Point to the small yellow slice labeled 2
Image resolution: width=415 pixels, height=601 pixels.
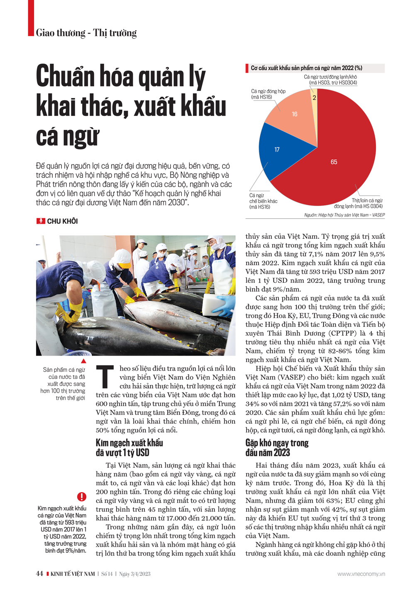pos(314,98)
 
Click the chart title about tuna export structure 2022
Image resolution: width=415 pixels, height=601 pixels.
pos(306,68)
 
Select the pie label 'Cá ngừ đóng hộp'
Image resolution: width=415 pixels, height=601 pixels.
pos(268,94)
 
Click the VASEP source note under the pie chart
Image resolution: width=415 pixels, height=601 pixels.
pos(344,215)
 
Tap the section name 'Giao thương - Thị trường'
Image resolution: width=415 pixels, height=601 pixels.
pos(86,33)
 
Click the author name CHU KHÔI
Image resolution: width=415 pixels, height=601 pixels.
pos(62,221)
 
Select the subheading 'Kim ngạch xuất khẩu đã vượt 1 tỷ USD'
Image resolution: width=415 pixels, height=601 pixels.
pos(129,448)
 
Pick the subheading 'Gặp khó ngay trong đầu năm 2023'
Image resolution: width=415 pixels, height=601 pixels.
pos(277,448)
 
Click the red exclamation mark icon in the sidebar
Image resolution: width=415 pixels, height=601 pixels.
pos(82,496)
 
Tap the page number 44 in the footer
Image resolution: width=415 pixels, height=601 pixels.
pos(39,574)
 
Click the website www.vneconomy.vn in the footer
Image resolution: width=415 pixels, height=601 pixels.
pos(361,574)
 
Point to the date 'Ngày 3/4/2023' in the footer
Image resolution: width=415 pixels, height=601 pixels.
pos(134,574)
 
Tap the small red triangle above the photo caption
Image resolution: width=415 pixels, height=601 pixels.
pos(83,361)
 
